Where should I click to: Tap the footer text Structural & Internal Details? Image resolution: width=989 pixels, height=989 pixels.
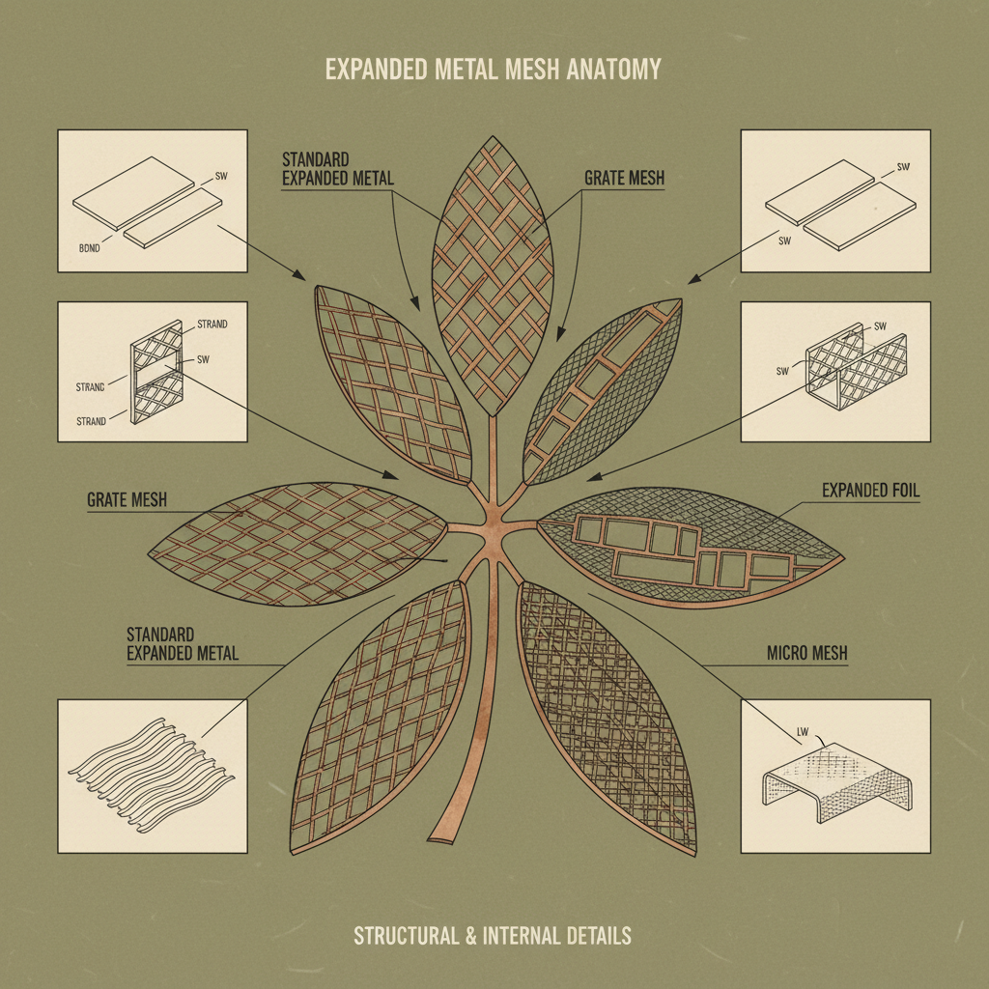[493, 936]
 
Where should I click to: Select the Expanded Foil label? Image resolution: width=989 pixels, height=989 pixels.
[870, 491]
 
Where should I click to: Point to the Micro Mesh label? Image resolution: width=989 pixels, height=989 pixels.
[806, 654]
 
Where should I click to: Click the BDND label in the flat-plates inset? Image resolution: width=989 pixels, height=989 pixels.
[89, 247]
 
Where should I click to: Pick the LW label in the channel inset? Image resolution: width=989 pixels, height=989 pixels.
[800, 731]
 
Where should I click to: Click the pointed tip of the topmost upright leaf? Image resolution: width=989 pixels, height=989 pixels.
[494, 142]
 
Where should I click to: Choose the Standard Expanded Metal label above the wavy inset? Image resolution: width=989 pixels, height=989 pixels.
[182, 644]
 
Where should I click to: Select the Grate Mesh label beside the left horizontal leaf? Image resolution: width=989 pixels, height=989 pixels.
[127, 500]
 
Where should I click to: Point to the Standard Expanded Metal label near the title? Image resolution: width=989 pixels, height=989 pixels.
[337, 169]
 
